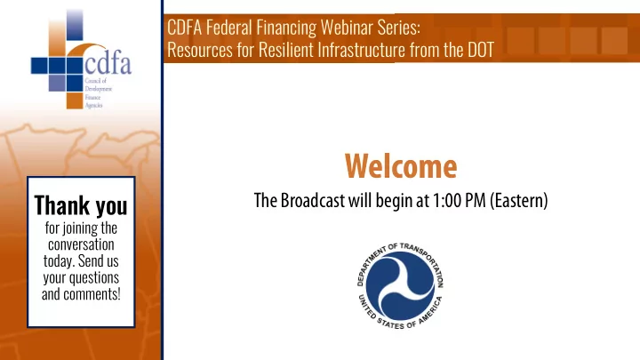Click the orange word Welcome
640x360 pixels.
pyautogui.click(x=401, y=166)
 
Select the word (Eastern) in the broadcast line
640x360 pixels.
pyautogui.click(x=519, y=200)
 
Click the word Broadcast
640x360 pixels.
pyautogui.click(x=313, y=200)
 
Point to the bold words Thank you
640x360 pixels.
pyautogui.click(x=81, y=205)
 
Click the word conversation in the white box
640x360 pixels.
pyautogui.click(x=81, y=244)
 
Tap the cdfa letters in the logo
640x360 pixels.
pyautogui.click(x=108, y=65)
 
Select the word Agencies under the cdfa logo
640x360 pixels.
pyautogui.click(x=93, y=105)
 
